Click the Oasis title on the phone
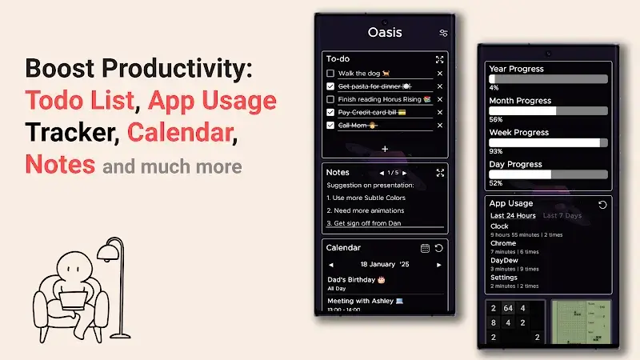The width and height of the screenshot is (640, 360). click(385, 33)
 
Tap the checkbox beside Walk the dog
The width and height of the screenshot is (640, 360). click(330, 74)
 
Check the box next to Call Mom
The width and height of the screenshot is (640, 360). click(330, 125)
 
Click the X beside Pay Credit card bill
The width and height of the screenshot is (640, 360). click(439, 112)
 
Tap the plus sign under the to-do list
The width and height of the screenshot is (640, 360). click(385, 149)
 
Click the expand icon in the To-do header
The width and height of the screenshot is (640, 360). click(439, 59)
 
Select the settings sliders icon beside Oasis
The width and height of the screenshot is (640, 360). click(443, 33)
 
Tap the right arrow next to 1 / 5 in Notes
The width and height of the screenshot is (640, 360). click(405, 172)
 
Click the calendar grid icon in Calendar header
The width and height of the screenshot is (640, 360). click(426, 248)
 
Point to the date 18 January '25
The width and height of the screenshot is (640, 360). click(385, 264)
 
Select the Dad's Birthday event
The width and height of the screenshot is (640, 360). click(356, 279)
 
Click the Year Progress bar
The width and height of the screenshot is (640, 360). click(548, 79)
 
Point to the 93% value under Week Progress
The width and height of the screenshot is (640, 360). click(495, 151)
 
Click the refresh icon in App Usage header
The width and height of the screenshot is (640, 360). click(602, 205)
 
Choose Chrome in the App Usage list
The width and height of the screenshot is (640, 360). click(503, 243)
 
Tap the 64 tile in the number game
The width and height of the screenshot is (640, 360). click(508, 309)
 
